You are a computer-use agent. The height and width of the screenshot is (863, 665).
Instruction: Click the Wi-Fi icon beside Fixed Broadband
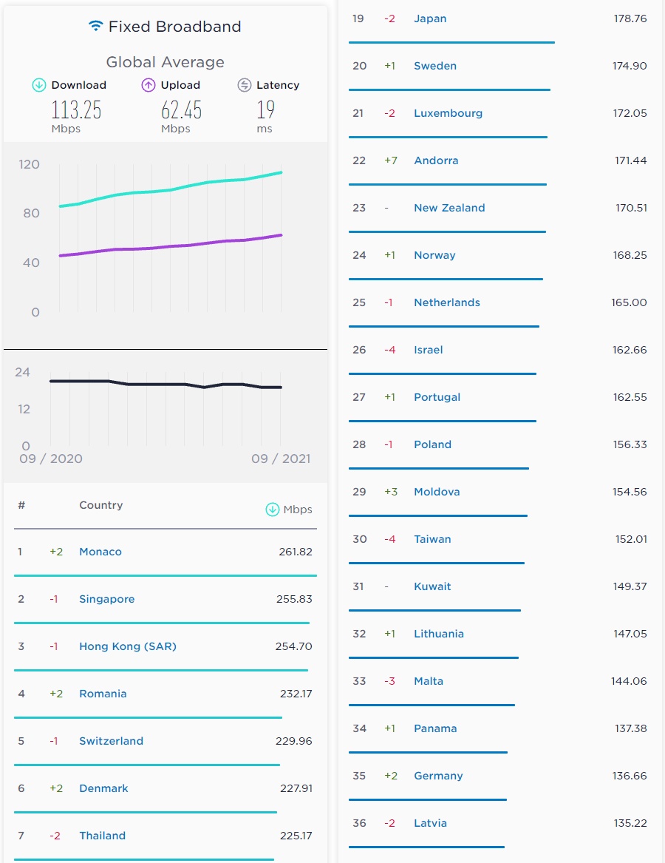click(x=95, y=26)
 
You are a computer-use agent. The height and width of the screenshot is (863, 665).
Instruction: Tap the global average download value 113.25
click(x=76, y=110)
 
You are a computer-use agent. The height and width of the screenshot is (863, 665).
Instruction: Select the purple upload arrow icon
click(x=149, y=85)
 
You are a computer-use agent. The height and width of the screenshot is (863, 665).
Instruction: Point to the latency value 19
click(x=265, y=110)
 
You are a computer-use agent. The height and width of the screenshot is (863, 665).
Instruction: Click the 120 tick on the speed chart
click(x=30, y=163)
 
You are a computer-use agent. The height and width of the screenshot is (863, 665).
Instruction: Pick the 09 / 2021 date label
click(x=281, y=458)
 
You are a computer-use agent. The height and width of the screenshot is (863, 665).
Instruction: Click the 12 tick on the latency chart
click(x=24, y=409)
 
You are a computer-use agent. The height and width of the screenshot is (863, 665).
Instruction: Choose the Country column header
click(x=100, y=505)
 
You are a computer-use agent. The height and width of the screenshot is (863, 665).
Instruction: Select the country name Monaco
click(x=100, y=552)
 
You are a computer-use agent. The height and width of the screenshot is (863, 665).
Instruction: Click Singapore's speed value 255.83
click(x=294, y=599)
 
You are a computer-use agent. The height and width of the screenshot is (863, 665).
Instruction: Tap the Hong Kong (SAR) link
click(x=128, y=646)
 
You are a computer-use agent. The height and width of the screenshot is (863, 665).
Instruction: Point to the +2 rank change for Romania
click(x=56, y=694)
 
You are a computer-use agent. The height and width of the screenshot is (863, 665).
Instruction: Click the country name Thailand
click(x=102, y=836)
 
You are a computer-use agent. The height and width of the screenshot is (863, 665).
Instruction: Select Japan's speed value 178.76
click(x=630, y=18)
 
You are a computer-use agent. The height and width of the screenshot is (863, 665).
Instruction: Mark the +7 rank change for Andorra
click(x=390, y=160)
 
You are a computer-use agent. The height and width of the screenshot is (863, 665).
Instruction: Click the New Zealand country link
click(x=449, y=208)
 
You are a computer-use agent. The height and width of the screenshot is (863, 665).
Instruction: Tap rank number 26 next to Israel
click(x=359, y=350)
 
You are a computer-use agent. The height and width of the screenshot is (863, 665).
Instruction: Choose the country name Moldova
click(x=437, y=492)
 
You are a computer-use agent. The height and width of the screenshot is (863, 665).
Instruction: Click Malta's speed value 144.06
click(x=629, y=681)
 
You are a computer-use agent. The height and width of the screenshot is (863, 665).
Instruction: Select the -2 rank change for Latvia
click(x=390, y=823)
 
